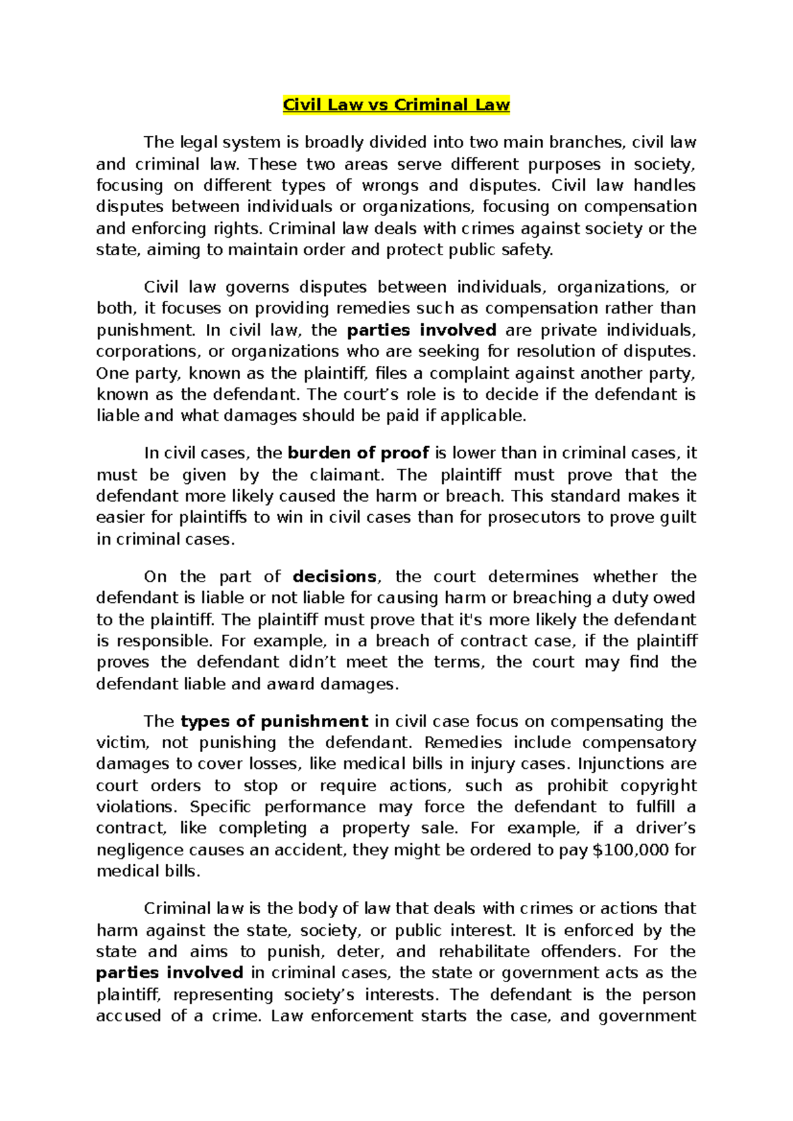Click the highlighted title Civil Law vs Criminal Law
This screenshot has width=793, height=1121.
coord(396,105)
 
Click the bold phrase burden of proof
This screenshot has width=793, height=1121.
coord(359,453)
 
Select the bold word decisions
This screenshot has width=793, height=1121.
coord(334,576)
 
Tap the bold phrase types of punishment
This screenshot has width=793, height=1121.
coord(274,721)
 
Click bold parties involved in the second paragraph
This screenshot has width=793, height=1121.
coord(422,330)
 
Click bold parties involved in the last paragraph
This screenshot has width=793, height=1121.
coord(170,973)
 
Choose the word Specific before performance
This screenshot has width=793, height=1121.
coord(220,807)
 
